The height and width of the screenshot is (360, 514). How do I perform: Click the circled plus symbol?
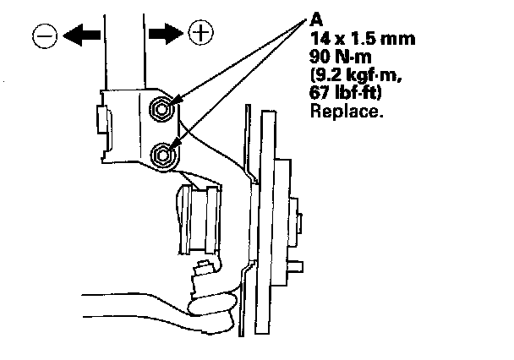coord(201,33)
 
